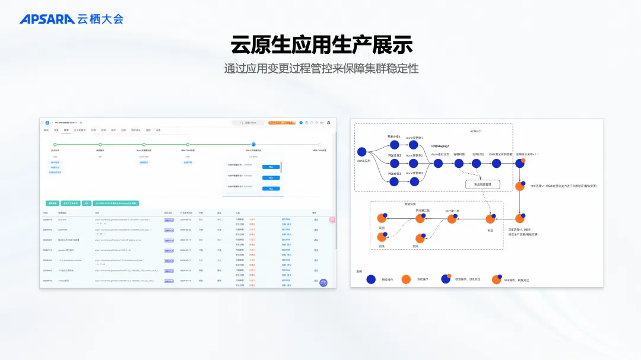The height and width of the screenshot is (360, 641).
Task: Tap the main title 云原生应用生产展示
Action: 321,45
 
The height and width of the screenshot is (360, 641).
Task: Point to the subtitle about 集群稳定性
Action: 321,69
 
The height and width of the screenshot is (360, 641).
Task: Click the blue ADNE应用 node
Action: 362,151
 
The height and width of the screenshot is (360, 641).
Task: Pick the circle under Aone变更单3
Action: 414,181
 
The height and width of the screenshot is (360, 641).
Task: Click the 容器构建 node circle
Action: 459,163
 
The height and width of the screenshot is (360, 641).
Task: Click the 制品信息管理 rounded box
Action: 483,184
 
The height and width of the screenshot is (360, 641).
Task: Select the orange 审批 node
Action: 490,219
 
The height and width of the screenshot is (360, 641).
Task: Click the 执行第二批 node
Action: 421,218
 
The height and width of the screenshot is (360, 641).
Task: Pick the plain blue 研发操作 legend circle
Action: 371,279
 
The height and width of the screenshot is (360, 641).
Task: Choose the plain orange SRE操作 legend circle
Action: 406,279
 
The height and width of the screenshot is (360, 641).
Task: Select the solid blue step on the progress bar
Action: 253,144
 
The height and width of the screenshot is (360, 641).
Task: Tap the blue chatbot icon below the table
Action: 323,283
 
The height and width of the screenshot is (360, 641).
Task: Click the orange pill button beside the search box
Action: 282,123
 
